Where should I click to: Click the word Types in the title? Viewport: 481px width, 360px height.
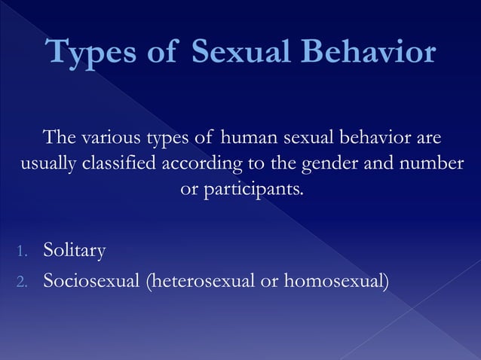point(89,53)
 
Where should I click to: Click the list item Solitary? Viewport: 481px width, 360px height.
point(75,250)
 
